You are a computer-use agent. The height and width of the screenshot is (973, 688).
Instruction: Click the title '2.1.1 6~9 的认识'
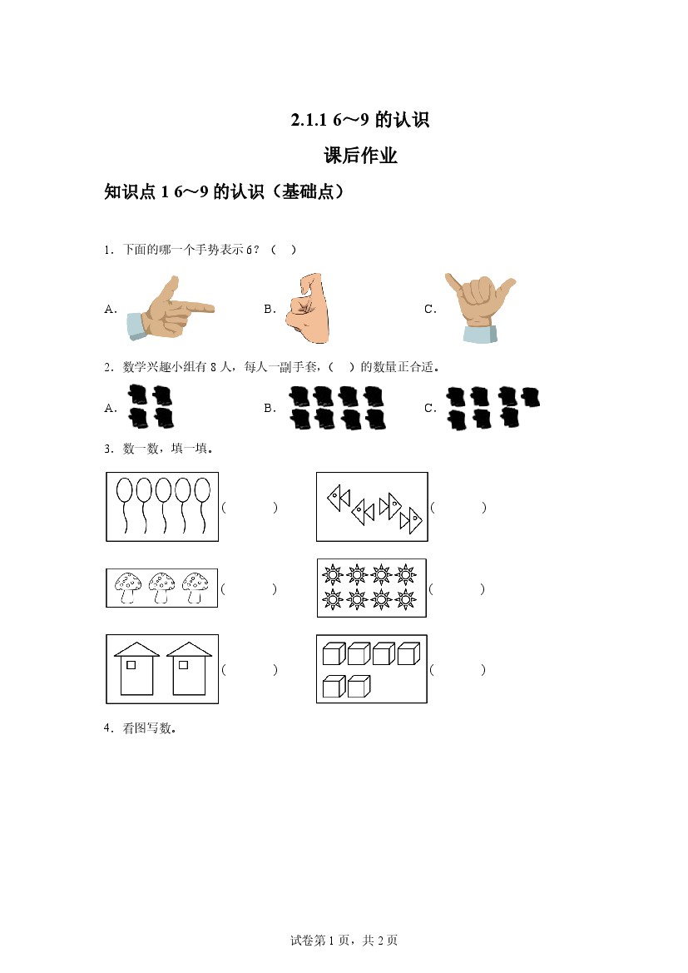(x=360, y=119)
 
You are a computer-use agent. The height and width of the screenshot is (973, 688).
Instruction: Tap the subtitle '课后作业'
(x=360, y=155)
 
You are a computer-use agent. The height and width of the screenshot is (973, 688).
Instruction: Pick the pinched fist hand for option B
(x=308, y=308)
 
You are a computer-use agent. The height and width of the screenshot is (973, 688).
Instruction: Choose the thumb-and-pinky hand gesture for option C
(x=480, y=307)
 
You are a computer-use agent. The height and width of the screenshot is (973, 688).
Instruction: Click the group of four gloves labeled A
(x=150, y=406)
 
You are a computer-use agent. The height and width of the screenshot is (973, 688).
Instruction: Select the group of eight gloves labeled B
(x=338, y=408)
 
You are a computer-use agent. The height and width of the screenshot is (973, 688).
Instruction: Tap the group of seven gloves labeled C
(x=492, y=408)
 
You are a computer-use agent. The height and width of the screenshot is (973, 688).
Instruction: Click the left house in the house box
(x=136, y=669)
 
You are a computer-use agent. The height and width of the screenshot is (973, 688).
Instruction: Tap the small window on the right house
(x=183, y=664)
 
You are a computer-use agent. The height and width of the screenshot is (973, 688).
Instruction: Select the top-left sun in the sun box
(x=333, y=575)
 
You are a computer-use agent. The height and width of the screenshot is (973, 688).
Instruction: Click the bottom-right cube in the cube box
(x=359, y=686)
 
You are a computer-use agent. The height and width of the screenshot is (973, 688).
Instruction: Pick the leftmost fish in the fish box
(x=339, y=498)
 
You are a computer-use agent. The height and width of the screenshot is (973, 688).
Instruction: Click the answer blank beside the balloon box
(x=250, y=508)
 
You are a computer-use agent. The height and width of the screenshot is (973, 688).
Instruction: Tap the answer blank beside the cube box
(x=458, y=669)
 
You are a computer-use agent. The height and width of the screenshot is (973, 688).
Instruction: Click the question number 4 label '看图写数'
(x=149, y=728)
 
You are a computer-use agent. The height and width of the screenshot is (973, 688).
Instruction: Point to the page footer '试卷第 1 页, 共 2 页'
(x=344, y=941)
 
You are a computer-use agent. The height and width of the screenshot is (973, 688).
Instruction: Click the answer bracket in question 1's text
(x=284, y=250)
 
